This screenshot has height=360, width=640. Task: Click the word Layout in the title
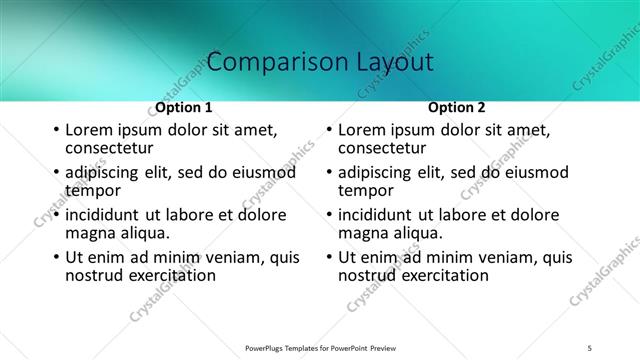point(393,62)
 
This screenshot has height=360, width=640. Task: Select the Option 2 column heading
point(457,107)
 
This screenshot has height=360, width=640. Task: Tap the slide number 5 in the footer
point(590,347)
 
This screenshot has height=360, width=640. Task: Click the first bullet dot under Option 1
point(56,131)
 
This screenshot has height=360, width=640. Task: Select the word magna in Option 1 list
point(88,233)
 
